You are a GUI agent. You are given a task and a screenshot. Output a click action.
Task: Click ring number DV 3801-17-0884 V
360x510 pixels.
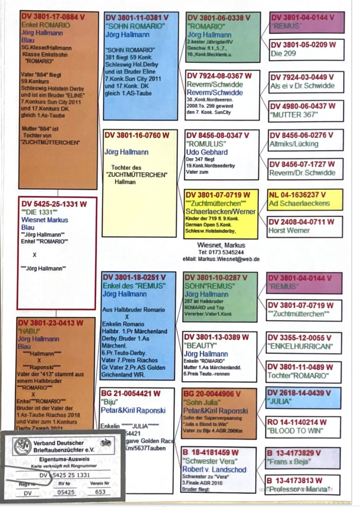[53, 17]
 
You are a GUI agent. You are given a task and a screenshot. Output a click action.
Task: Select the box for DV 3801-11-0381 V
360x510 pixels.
[141, 66]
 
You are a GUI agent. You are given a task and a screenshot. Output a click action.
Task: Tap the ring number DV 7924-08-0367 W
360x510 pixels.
[219, 76]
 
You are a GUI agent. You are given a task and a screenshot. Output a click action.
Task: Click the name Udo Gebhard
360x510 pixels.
[207, 152]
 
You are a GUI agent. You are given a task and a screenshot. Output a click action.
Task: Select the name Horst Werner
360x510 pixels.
[289, 231]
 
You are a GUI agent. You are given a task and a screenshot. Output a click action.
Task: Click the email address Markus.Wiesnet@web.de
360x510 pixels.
[229, 259]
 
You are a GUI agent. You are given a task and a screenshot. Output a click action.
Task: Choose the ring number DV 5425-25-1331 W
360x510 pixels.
[54, 204]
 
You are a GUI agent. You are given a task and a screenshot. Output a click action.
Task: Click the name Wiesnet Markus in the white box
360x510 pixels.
[45, 220]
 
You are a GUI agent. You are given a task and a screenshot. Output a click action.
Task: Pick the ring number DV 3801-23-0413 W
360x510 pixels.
[51, 323]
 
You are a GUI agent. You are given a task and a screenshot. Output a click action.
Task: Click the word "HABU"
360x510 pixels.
[29, 331]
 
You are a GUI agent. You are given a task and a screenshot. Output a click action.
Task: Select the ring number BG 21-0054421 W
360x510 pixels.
[131, 393]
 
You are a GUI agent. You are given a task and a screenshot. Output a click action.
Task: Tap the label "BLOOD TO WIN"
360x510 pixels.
[295, 431]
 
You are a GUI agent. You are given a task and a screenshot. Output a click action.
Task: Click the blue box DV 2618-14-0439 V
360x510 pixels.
[303, 397]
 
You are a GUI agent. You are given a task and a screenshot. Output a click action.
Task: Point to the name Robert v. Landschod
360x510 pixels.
[214, 469]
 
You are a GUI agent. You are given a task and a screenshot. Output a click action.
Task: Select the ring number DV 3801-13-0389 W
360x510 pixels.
[216, 337]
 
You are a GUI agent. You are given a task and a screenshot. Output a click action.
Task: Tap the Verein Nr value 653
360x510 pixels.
[100, 492]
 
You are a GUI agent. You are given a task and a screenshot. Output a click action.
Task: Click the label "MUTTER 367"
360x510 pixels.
[293, 115]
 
